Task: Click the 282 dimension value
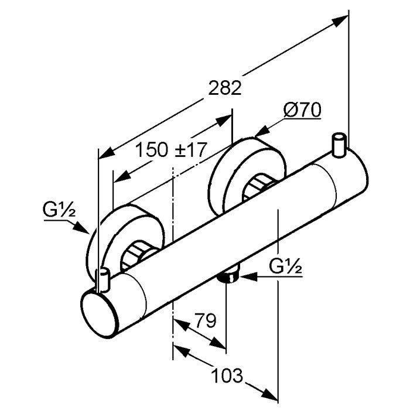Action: click(x=224, y=88)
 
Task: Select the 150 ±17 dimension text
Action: click(x=172, y=149)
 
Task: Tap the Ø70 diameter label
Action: click(x=302, y=111)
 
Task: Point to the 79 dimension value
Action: click(x=204, y=320)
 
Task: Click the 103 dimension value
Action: click(x=227, y=374)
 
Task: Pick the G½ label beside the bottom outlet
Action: click(x=286, y=268)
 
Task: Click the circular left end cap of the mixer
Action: click(x=98, y=312)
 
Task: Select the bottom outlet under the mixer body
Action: click(x=230, y=275)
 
